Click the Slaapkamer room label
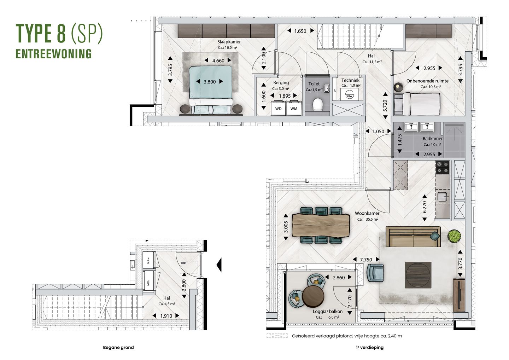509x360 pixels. pos(229,42)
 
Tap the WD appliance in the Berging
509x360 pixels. pos(278,109)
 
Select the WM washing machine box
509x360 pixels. pos(294,109)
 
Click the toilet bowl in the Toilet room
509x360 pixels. pos(318,104)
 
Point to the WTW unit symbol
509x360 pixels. pos(349,95)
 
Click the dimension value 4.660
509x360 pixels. pos(218,61)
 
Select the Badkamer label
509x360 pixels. pos(432,139)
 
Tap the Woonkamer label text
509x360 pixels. pos(367,214)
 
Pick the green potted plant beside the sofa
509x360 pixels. pos(454,236)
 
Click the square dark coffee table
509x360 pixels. pos(418,275)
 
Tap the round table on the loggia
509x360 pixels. pos(313,296)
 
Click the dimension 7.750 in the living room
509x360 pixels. pos(366,260)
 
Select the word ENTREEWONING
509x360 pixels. pos(54,54)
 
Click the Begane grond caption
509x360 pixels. pos(118,347)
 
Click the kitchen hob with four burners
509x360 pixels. pos(443,168)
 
